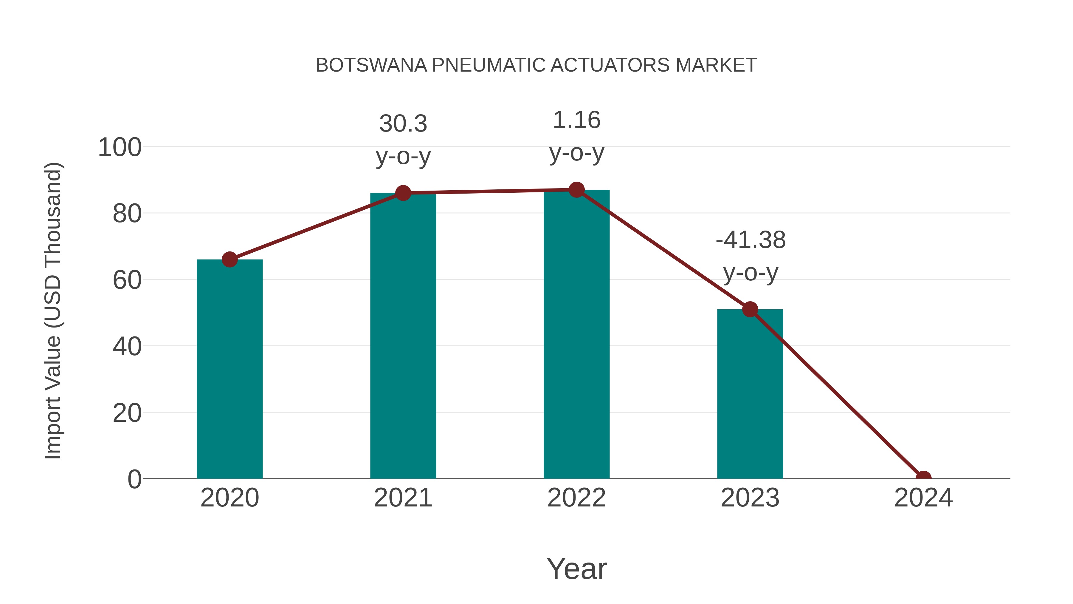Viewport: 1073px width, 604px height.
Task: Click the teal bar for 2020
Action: tap(230, 369)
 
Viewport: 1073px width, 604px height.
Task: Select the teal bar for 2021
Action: tap(403, 336)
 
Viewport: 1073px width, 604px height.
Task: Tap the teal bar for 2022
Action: tap(576, 334)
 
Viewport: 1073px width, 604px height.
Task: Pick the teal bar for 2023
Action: tap(750, 394)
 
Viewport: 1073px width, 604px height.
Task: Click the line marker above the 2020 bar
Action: tap(230, 259)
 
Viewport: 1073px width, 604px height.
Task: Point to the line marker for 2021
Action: tap(403, 193)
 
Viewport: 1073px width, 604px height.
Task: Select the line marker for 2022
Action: tap(576, 190)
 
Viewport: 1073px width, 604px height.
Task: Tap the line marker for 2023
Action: tap(750, 309)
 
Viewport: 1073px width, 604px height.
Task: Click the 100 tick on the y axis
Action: tap(120, 148)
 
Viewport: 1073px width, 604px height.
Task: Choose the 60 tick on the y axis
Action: tap(127, 280)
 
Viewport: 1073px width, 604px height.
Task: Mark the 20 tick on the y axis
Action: tap(127, 413)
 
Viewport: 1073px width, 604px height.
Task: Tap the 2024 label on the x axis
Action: tap(923, 498)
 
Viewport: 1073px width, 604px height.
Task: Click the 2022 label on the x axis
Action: tap(576, 498)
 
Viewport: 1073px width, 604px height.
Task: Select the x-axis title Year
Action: tap(576, 569)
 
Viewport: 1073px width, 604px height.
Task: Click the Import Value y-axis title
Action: tap(53, 311)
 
